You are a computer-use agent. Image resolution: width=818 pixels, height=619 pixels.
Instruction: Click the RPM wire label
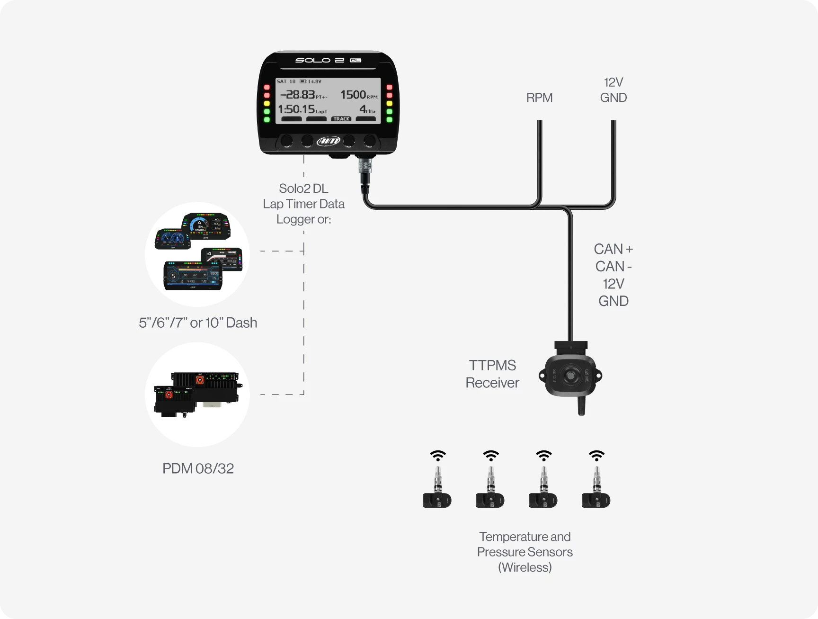[x=539, y=98]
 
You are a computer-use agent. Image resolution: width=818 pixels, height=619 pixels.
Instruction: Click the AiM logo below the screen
[x=328, y=141]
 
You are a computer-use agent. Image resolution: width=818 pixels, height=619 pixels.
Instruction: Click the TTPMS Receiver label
[x=492, y=374]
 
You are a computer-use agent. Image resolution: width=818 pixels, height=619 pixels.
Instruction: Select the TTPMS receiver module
[x=570, y=376]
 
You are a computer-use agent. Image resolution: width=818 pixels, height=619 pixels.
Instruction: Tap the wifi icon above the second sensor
[x=491, y=456]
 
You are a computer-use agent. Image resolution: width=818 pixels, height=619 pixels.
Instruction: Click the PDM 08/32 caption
[x=198, y=468]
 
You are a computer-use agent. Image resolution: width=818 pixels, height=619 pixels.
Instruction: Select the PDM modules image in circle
[x=197, y=395]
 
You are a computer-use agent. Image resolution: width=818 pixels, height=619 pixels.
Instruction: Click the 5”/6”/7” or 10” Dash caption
[x=198, y=323]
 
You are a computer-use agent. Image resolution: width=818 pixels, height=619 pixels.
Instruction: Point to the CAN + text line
[x=613, y=249]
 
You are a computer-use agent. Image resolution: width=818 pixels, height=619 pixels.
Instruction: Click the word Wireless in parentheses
[x=525, y=567]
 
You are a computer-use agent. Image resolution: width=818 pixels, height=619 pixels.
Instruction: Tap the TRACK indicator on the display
[x=341, y=119]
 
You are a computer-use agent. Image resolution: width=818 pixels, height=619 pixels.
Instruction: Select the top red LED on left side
[x=267, y=88]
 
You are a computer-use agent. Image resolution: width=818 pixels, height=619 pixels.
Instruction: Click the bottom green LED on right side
[x=390, y=120]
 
